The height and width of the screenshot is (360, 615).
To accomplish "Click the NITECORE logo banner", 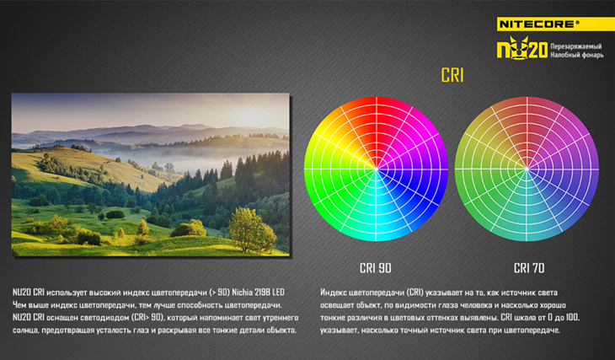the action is tap(555, 24).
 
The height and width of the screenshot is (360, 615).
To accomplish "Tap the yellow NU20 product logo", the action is tap(522, 48).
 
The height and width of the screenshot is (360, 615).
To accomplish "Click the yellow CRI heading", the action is tap(452, 75).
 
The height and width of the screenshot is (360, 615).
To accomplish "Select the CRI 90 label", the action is tap(376, 268).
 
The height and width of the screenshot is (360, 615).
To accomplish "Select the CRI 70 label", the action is tap(529, 268).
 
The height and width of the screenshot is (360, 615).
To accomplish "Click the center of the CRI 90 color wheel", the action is tap(376, 169).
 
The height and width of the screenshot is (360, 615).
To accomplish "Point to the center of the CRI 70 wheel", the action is tap(527, 169).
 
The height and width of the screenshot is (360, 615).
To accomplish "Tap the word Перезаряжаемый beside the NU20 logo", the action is tap(575, 46).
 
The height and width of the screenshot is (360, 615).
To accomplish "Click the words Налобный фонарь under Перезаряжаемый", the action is tap(576, 55).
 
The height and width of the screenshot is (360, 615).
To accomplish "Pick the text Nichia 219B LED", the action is tap(258, 292).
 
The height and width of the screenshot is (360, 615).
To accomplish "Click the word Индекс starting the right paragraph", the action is tap(333, 293).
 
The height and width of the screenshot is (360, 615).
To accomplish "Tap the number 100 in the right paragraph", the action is tap(572, 317).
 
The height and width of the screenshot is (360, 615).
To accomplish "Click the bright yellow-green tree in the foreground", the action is tap(252, 229).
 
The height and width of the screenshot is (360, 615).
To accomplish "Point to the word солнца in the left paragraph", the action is tap(25, 330).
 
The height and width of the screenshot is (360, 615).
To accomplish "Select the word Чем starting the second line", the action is tap(19, 304).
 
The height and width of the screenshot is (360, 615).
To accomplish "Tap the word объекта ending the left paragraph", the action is tap(281, 330).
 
